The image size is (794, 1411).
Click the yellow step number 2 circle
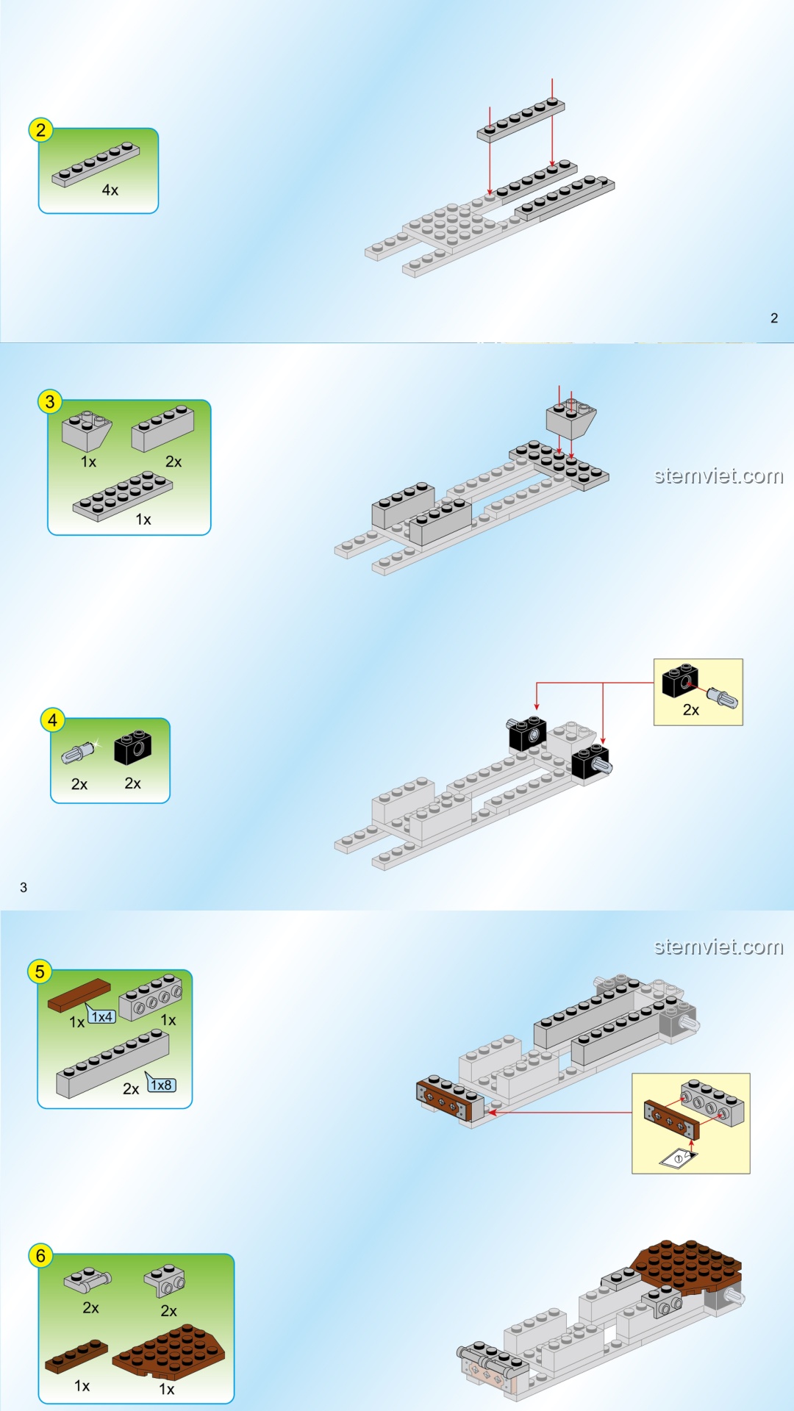[40, 130]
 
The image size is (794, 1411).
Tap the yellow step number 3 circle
[49, 401]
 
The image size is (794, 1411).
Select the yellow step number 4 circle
[52, 720]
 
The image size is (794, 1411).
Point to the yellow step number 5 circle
[40, 972]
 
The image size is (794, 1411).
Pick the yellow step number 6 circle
[40, 1256]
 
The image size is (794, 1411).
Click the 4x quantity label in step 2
[110, 190]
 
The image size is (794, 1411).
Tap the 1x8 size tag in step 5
[161, 1085]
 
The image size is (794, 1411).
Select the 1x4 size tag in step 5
[101, 1016]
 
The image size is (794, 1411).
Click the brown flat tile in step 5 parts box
[79, 995]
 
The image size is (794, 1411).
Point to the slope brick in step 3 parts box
[87, 430]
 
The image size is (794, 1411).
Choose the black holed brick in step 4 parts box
[133, 748]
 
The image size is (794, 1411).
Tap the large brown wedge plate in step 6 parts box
[169, 1351]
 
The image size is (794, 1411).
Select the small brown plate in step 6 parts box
[76, 1357]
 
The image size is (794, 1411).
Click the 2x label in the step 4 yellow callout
[691, 710]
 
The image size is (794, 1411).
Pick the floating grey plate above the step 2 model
[521, 120]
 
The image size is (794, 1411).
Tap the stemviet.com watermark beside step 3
[719, 476]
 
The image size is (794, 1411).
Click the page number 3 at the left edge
[24, 888]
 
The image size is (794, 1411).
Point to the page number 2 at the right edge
[774, 318]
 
